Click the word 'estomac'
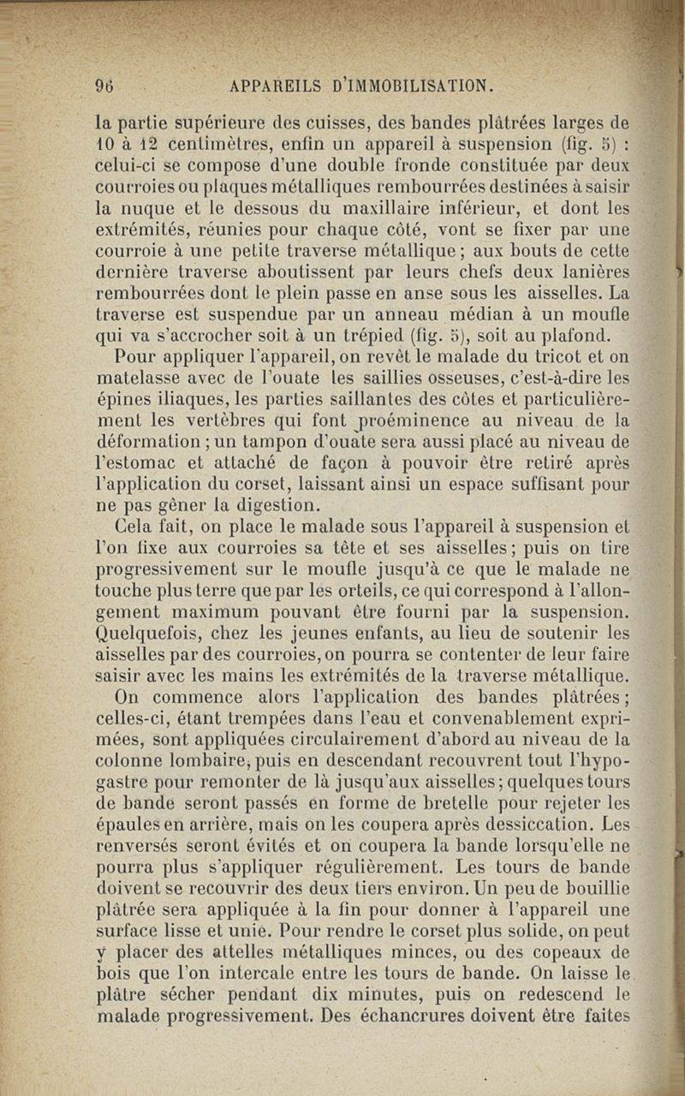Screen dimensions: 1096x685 (x=134, y=463)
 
